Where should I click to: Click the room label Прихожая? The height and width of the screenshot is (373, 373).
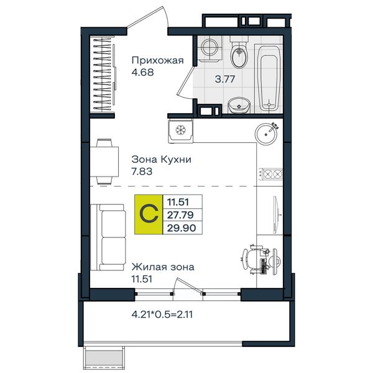pos(157,61)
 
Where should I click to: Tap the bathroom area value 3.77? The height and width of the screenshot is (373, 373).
pos(225,79)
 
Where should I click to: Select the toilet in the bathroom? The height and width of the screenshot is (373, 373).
pos(239,53)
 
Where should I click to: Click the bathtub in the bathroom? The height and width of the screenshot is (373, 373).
pos(269,78)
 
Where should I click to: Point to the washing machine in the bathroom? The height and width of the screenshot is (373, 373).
pos(210,48)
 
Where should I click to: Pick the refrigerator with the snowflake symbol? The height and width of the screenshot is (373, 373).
pos(180,131)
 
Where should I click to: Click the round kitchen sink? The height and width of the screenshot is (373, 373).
pos(266,134)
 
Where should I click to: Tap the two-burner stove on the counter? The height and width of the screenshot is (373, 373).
pos(270,173)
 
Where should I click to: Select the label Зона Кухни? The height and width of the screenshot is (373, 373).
pos(161,159)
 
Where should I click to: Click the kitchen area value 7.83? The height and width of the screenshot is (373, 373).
pos(142,172)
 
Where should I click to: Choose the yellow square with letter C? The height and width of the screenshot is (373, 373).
pos(149,214)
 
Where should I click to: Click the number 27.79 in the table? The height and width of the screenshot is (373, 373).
pos(180,215)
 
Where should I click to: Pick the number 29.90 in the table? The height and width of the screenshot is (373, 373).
pos(182,228)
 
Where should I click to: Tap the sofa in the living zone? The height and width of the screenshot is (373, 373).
pos(108,237)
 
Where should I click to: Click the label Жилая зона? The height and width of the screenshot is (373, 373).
pos(163,267)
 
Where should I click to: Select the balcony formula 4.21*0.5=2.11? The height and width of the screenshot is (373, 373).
pos(162,315)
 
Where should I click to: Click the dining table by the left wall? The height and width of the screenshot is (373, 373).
pos(104,162)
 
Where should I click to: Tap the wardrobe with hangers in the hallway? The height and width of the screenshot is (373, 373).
pos(104,74)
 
